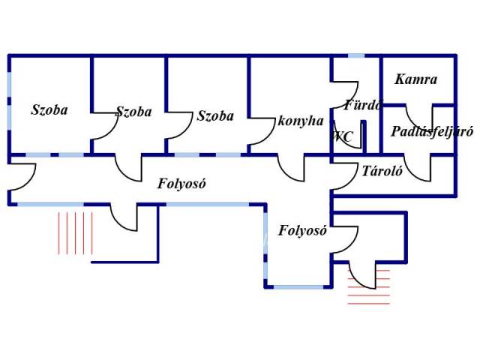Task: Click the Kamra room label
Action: click(415, 79)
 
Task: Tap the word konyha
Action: click(300, 121)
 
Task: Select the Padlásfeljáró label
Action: click(432, 132)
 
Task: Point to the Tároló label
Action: click(382, 171)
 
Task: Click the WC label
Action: click(343, 136)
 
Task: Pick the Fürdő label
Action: click(363, 105)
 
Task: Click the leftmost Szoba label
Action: click(49, 110)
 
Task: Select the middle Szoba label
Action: click(133, 112)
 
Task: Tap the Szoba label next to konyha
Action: click(215, 116)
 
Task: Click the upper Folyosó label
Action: click(181, 184)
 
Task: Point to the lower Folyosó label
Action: click(302, 230)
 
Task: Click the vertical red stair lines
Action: click(75, 233)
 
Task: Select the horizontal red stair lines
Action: click(369, 287)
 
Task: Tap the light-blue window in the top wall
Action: click(356, 55)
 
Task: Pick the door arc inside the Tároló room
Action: click(418, 169)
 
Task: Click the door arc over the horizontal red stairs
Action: click(362, 275)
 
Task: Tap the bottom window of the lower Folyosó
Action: click(298, 287)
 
